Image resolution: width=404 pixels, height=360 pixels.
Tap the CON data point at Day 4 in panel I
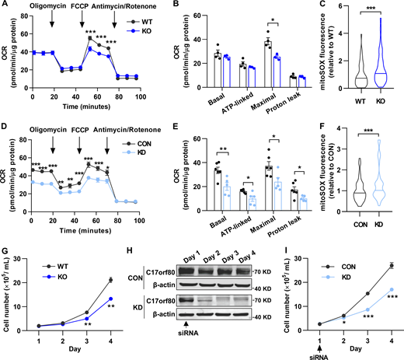[x=389, y=266]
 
